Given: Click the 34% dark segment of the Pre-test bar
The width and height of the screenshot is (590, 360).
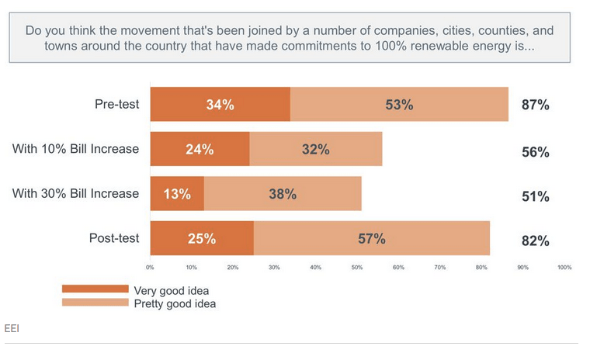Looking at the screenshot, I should point(220,105).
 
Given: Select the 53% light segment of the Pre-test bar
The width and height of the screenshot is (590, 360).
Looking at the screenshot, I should point(399,105).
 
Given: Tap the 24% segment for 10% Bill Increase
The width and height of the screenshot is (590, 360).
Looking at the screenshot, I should point(200,149).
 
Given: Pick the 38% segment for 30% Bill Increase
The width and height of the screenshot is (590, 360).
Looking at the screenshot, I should point(283,194).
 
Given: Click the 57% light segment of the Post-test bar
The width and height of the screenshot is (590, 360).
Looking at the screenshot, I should point(371,238).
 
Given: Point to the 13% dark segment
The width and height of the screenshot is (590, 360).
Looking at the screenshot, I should point(177,194).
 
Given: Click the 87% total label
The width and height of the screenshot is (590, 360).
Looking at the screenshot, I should point(535,106).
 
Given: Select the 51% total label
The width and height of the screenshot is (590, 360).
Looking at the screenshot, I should point(535,197).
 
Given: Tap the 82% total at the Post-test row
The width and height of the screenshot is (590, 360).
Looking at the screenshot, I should point(535,241).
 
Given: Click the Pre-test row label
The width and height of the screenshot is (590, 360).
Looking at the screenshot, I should point(116,104).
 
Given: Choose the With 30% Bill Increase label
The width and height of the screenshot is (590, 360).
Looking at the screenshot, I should point(75,193).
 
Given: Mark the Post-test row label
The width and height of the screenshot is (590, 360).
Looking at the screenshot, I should point(113,237).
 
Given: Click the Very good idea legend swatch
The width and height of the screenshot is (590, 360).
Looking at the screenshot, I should point(95,289).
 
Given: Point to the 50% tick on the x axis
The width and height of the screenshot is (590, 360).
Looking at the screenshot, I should point(356,268).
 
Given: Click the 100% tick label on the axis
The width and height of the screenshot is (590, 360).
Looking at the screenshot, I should point(564,268).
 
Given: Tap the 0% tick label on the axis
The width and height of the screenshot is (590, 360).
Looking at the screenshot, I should point(150,268).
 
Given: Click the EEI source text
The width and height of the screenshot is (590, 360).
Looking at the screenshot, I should point(12,328).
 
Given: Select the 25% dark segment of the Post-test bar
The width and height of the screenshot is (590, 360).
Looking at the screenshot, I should point(201,238).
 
